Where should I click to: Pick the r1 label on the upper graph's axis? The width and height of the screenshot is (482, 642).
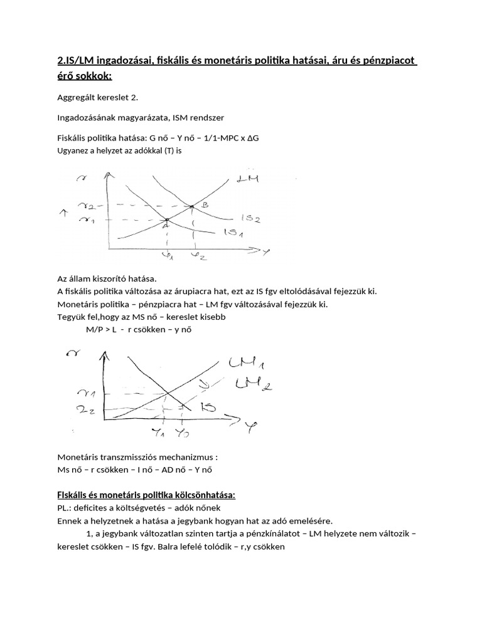coord(84,219)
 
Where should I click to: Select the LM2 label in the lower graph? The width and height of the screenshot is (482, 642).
coord(256,382)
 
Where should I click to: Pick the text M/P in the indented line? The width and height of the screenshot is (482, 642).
coord(95,329)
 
